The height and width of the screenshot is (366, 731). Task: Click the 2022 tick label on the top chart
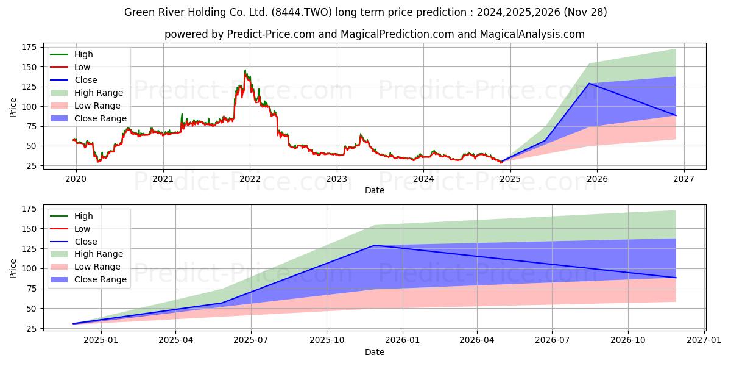point(250,179)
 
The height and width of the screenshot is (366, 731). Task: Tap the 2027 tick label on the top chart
point(683,179)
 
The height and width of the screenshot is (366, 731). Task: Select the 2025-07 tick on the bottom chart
point(251,340)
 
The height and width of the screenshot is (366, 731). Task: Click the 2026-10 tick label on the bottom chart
point(627,340)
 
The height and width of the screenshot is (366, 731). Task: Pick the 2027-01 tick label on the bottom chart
point(704,340)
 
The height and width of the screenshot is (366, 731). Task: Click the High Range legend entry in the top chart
point(98,93)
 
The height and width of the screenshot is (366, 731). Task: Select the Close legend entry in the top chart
point(85,80)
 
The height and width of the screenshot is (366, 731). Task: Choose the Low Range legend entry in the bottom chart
point(97,267)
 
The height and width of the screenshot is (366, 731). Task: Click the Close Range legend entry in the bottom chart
point(100,279)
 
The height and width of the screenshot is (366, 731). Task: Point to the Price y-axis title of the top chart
point(13,107)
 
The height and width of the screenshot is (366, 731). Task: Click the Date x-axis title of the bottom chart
point(374,352)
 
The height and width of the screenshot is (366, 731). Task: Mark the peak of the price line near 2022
point(245,71)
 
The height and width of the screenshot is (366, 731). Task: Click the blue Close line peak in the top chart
point(588,84)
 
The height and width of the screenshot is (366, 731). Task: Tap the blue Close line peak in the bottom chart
point(374,245)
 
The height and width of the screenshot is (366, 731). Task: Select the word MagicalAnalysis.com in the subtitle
point(532,34)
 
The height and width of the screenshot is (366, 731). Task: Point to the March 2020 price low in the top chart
point(98,161)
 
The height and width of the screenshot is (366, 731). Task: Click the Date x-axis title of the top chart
point(374,190)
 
